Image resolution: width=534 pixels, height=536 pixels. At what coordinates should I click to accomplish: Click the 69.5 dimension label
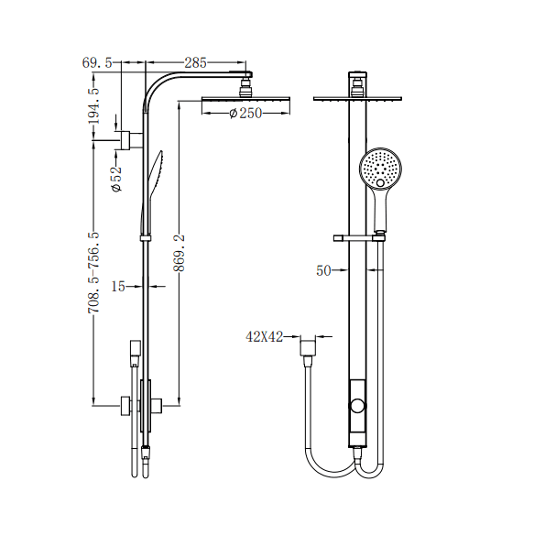click(97, 62)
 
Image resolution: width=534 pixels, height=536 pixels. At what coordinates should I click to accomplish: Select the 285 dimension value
click(195, 62)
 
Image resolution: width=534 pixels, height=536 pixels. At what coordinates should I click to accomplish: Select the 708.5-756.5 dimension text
click(93, 273)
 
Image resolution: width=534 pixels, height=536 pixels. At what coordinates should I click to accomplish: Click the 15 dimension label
click(117, 287)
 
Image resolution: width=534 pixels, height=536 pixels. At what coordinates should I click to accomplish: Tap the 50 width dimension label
click(323, 271)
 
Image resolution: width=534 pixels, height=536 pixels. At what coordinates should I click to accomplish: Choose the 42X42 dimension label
click(263, 336)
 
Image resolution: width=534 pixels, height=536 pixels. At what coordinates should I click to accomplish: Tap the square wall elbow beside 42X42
click(311, 346)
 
